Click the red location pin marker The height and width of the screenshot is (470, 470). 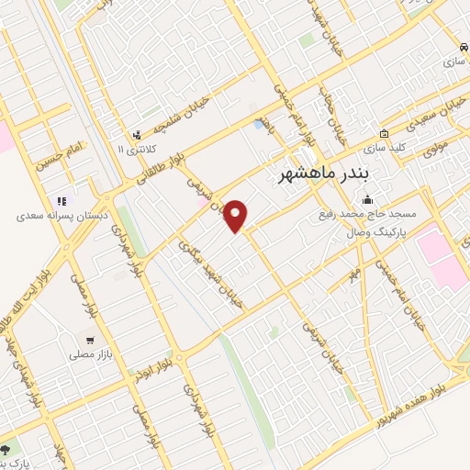pos(236,215)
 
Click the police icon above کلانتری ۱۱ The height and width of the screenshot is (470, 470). pos(137,134)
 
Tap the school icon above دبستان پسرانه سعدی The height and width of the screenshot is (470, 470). pos(62,201)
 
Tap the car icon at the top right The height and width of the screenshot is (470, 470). pos(463,45)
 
